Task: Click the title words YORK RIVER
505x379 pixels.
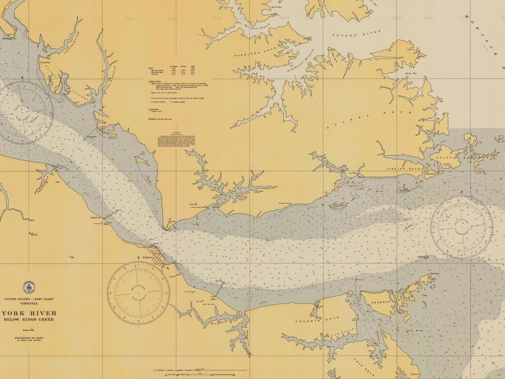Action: pos(30,313)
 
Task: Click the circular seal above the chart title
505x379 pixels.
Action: pos(29,288)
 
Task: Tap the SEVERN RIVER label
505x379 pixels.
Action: pos(357,35)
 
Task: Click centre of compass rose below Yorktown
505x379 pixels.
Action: pos(139,293)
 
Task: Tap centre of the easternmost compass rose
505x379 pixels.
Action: pos(462,227)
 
